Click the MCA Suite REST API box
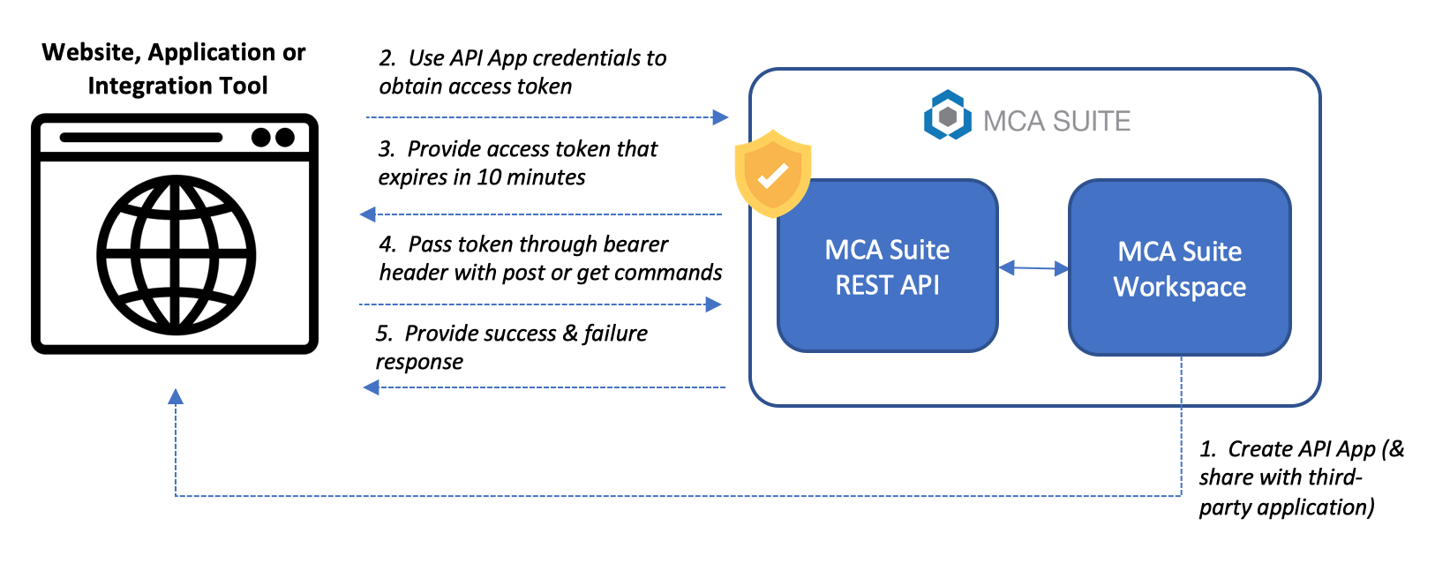[887, 266]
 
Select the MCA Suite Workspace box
[1179, 268]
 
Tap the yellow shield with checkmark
[773, 173]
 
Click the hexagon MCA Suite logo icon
[947, 116]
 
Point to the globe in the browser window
[176, 255]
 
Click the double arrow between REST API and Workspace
[1033, 267]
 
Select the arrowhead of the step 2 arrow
[720, 116]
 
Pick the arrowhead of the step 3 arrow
[368, 214]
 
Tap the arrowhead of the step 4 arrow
[713, 304]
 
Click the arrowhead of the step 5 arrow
[372, 387]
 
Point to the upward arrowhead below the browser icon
[176, 397]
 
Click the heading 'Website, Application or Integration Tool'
[175, 69]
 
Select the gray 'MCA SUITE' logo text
[1056, 121]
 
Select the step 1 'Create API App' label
[1302, 449]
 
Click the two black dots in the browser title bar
[273, 138]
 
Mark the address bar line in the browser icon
[141, 138]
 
